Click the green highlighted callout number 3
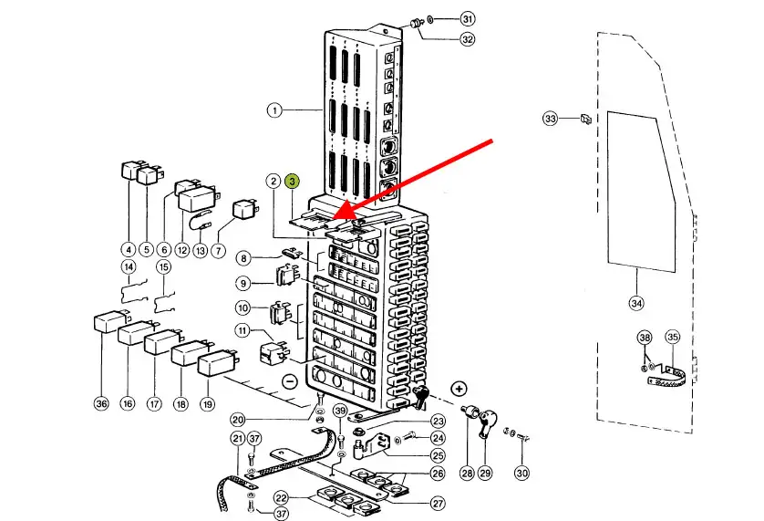tap(292, 181)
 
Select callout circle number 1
tap(274, 110)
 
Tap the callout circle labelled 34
tap(635, 302)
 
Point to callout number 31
tap(468, 18)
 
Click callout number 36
tap(100, 403)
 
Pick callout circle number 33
tap(550, 119)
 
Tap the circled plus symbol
tap(459, 390)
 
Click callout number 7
tap(218, 250)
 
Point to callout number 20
tap(238, 419)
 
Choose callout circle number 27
tap(439, 503)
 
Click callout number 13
tap(200, 250)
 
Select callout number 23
tap(439, 421)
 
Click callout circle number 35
tap(673, 338)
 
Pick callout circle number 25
tap(439, 455)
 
